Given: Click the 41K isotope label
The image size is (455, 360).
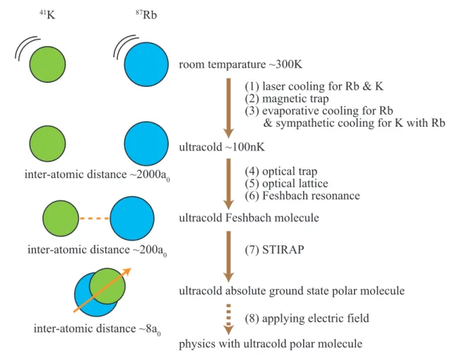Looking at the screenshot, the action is [x=47, y=15].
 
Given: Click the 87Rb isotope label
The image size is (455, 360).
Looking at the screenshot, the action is [x=146, y=15].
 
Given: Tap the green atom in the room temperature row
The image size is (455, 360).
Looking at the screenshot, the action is [x=47, y=64].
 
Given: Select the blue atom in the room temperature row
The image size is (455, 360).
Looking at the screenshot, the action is [x=146, y=64].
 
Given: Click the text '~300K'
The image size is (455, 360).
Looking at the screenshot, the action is [x=285, y=64].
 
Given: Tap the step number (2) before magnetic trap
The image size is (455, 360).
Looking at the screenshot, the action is [x=252, y=99].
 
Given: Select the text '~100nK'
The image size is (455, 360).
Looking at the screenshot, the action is [x=245, y=147].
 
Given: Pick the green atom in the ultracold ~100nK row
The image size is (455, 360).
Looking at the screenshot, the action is [x=47, y=144].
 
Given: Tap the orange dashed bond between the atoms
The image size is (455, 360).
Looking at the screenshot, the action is [x=94, y=219].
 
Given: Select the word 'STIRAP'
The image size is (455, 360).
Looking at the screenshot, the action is [x=283, y=250].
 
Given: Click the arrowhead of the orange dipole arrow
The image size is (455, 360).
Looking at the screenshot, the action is [x=127, y=272].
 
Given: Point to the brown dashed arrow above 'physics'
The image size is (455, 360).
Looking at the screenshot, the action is [x=229, y=319].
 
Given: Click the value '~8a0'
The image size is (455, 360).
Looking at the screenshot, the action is [x=150, y=329].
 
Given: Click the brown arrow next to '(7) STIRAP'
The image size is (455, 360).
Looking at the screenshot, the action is [x=229, y=257].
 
